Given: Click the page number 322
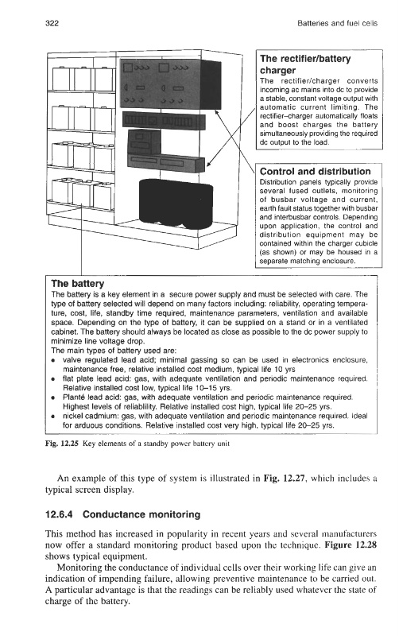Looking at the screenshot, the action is [52, 23].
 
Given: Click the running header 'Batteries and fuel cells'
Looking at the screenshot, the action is [337, 23].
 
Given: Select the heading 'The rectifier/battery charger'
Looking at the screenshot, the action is [305, 64].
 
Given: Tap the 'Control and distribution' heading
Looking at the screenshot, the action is [315, 171].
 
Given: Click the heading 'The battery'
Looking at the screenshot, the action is [77, 284].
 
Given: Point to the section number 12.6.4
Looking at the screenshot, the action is [59, 514].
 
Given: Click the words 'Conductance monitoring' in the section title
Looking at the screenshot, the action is [141, 514].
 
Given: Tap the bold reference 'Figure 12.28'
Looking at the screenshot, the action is [351, 545].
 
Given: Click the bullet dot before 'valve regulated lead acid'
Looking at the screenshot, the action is [53, 360].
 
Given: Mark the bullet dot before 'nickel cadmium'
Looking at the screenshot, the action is [53, 416].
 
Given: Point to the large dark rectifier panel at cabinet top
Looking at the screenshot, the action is [170, 84].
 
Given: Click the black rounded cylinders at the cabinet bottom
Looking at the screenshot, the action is [176, 204].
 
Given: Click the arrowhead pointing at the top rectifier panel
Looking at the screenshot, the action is [217, 111].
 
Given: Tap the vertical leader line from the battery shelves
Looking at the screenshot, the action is [82, 240].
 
